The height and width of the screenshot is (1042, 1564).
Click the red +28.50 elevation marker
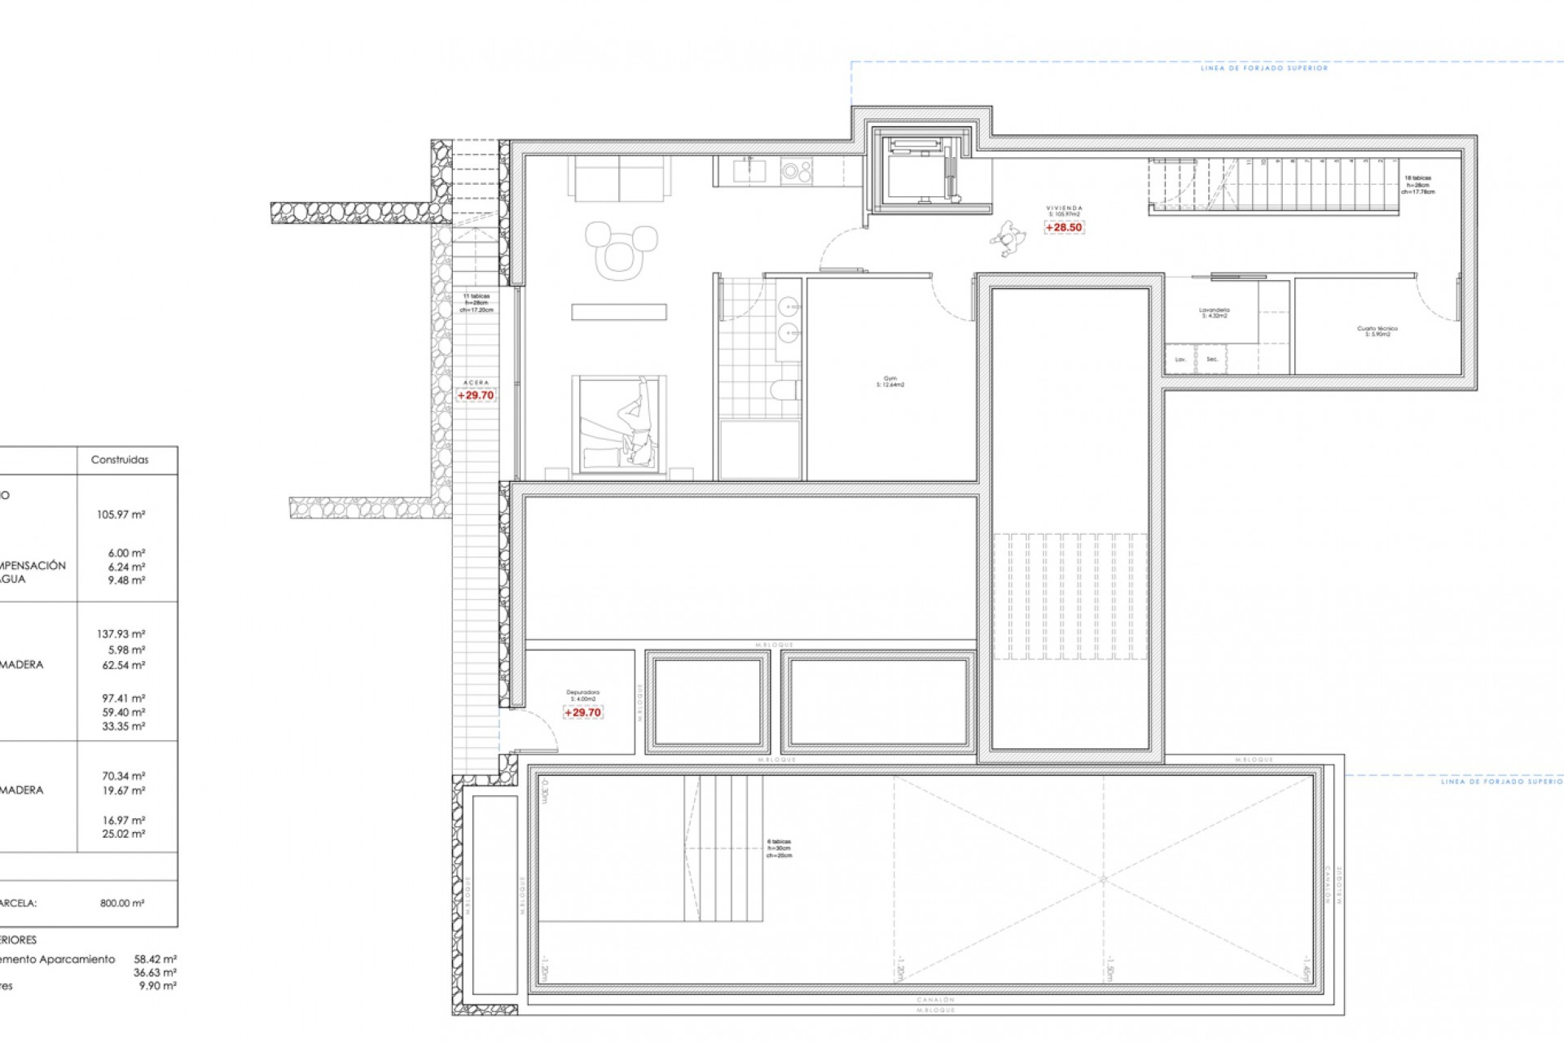click(1064, 228)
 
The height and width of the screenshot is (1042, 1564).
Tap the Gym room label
click(890, 381)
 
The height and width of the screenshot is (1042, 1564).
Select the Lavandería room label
click(1214, 313)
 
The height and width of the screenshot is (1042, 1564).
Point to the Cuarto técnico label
click(1377, 331)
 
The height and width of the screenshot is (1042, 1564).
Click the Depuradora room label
click(582, 695)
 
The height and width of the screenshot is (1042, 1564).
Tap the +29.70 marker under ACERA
click(476, 396)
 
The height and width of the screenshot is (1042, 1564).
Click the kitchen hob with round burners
click(796, 171)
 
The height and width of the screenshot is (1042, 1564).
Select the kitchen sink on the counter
click(748, 170)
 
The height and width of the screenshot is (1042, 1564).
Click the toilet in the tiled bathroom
click(784, 392)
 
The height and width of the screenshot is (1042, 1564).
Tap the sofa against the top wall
click(619, 177)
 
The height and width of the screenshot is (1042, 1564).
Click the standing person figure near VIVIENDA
click(1008, 238)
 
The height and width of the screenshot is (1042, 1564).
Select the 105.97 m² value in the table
click(121, 514)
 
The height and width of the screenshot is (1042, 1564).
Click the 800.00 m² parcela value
click(122, 903)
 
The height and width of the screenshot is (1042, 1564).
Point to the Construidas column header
click(120, 460)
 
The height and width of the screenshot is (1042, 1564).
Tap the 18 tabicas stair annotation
click(1418, 185)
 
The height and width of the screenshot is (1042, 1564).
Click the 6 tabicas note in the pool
click(779, 848)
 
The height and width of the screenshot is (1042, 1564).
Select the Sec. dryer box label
click(1212, 359)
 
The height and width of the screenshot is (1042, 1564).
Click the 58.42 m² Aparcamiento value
click(155, 959)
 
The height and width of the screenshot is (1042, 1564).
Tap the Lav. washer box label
click(1180, 359)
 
